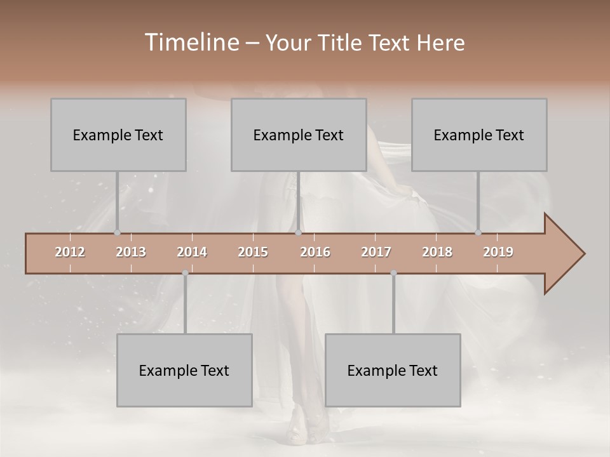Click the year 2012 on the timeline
pyautogui.click(x=70, y=252)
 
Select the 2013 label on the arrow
pyautogui.click(x=131, y=252)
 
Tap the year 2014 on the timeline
pyautogui.click(x=192, y=252)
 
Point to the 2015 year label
pyautogui.click(x=253, y=252)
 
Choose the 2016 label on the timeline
pyautogui.click(x=315, y=252)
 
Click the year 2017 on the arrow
pyautogui.click(x=376, y=252)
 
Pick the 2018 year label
pyautogui.click(x=437, y=252)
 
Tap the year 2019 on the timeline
pyautogui.click(x=498, y=252)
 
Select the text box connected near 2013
pyautogui.click(x=118, y=135)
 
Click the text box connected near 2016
pyautogui.click(x=299, y=135)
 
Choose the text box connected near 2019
pyautogui.click(x=479, y=135)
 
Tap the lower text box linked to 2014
pyautogui.click(x=184, y=370)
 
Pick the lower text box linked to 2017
pyautogui.click(x=393, y=370)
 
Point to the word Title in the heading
pyautogui.click(x=341, y=43)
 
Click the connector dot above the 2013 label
pyautogui.click(x=117, y=233)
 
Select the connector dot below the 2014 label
pyautogui.click(x=185, y=273)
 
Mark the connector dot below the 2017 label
pyautogui.click(x=393, y=273)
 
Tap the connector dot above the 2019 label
pyautogui.click(x=478, y=233)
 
